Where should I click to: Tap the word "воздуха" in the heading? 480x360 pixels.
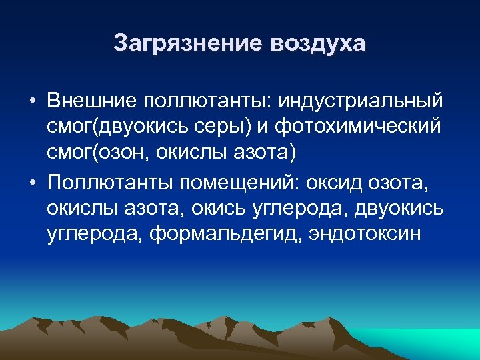[318, 43]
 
